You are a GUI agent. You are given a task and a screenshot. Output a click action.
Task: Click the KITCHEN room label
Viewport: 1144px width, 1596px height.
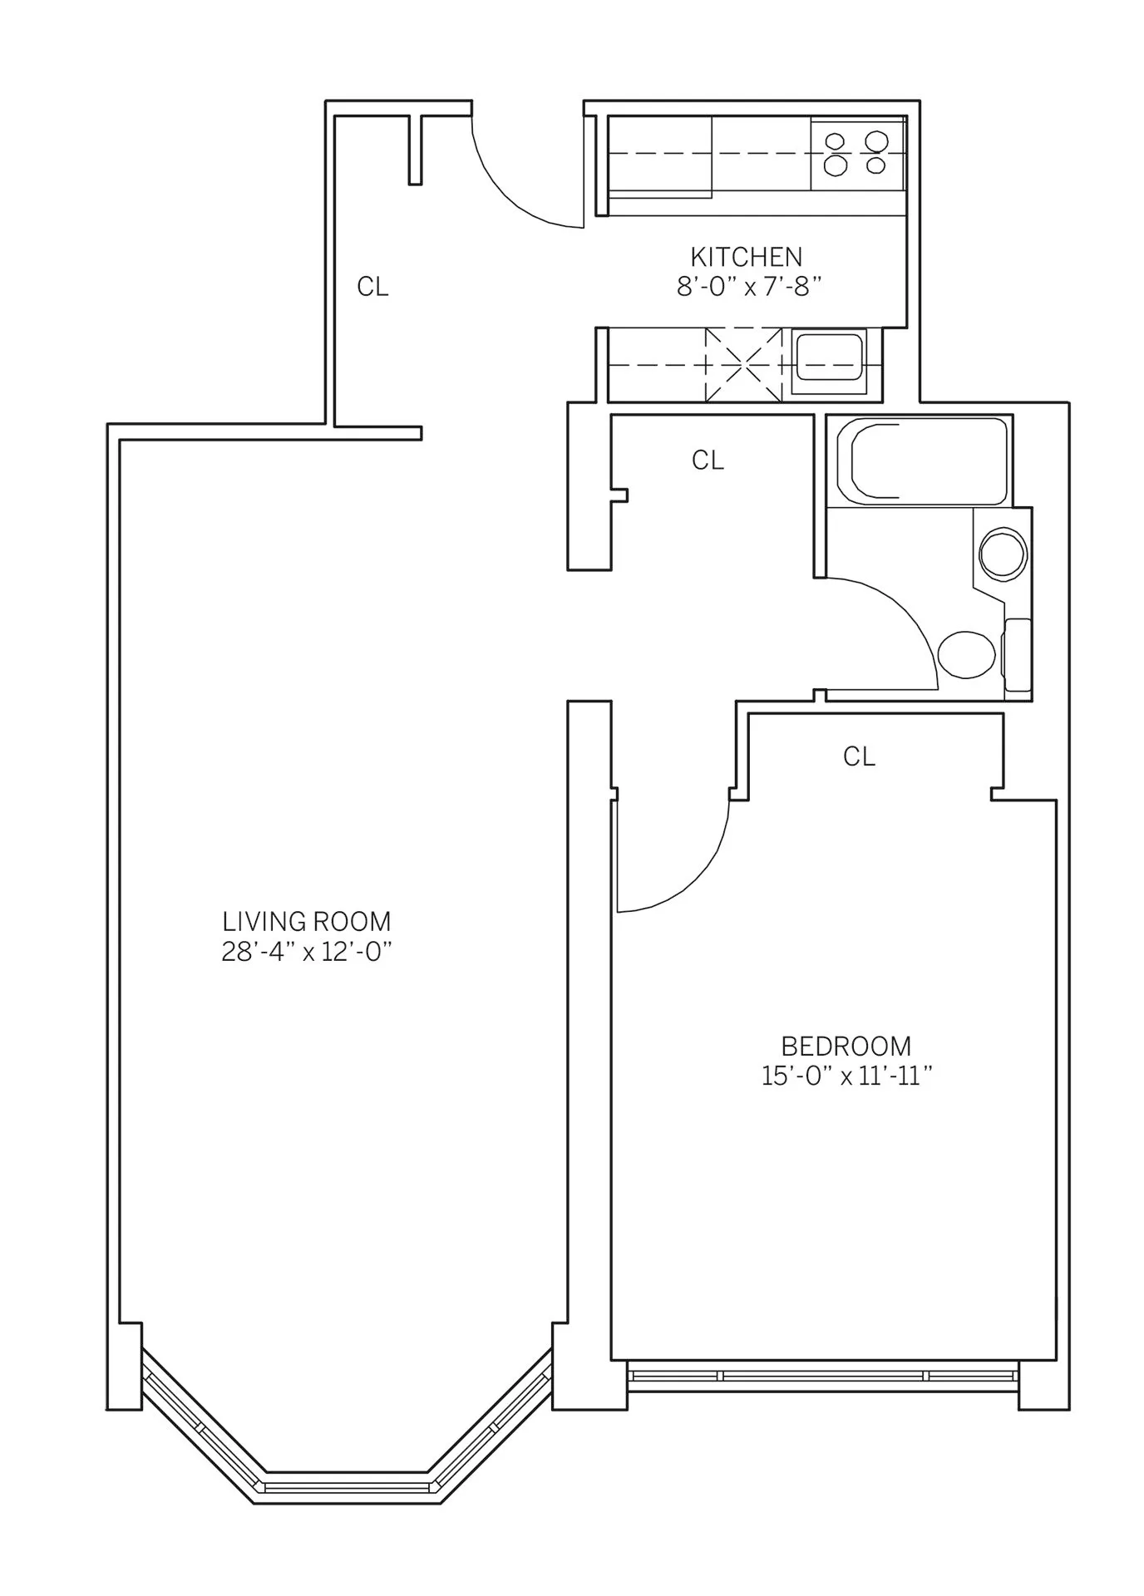click(x=746, y=256)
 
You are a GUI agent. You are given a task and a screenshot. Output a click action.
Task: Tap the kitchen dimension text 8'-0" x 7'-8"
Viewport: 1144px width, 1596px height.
click(x=748, y=287)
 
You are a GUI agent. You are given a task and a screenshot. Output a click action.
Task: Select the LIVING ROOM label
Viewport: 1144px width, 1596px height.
click(x=306, y=921)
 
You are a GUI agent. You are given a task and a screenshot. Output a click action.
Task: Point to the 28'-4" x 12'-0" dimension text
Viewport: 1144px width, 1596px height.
click(x=306, y=952)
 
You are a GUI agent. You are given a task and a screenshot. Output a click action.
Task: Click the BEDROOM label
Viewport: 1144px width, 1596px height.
click(x=846, y=1046)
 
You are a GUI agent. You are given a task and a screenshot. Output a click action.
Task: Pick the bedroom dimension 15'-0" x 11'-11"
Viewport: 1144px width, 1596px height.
click(x=846, y=1076)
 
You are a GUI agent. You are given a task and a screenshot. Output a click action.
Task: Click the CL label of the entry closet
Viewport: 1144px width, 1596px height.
click(x=372, y=287)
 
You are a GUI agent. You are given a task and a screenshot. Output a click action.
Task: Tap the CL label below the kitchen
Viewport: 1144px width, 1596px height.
click(x=708, y=460)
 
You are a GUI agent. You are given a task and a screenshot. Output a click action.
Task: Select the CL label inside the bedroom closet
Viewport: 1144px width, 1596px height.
click(x=859, y=756)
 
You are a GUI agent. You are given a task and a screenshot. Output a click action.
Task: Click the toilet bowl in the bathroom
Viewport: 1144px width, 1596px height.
click(x=967, y=654)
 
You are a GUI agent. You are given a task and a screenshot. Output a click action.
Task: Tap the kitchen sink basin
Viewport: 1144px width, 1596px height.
click(x=829, y=363)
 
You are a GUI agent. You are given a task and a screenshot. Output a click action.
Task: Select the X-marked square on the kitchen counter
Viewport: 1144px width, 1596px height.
click(x=743, y=364)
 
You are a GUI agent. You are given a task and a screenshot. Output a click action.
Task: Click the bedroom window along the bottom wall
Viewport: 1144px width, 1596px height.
click(x=823, y=1376)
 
